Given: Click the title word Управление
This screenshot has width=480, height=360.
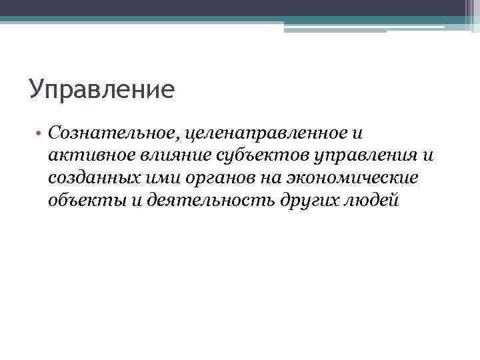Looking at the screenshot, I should [x=101, y=89].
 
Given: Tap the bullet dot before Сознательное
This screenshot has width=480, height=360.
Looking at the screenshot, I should [x=40, y=134].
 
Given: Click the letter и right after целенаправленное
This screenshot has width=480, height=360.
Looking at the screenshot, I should [x=358, y=133].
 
